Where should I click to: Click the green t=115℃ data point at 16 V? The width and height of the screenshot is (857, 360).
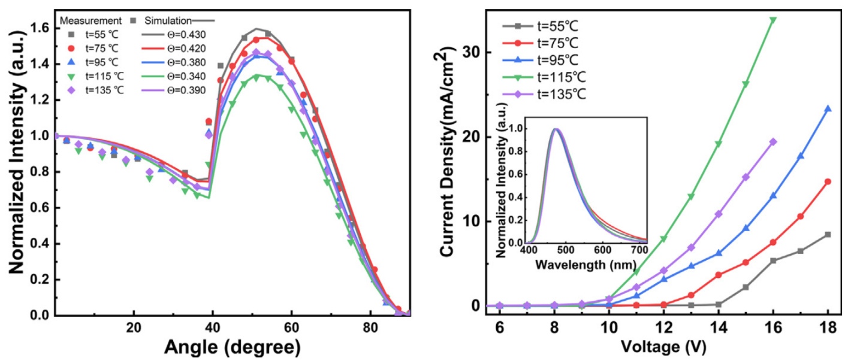click(773, 20)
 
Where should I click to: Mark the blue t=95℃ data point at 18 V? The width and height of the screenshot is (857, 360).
click(828, 109)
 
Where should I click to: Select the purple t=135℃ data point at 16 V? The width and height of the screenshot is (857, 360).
click(773, 142)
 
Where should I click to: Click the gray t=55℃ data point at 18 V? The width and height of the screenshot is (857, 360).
click(828, 234)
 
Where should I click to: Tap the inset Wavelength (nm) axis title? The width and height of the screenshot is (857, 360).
click(587, 264)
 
